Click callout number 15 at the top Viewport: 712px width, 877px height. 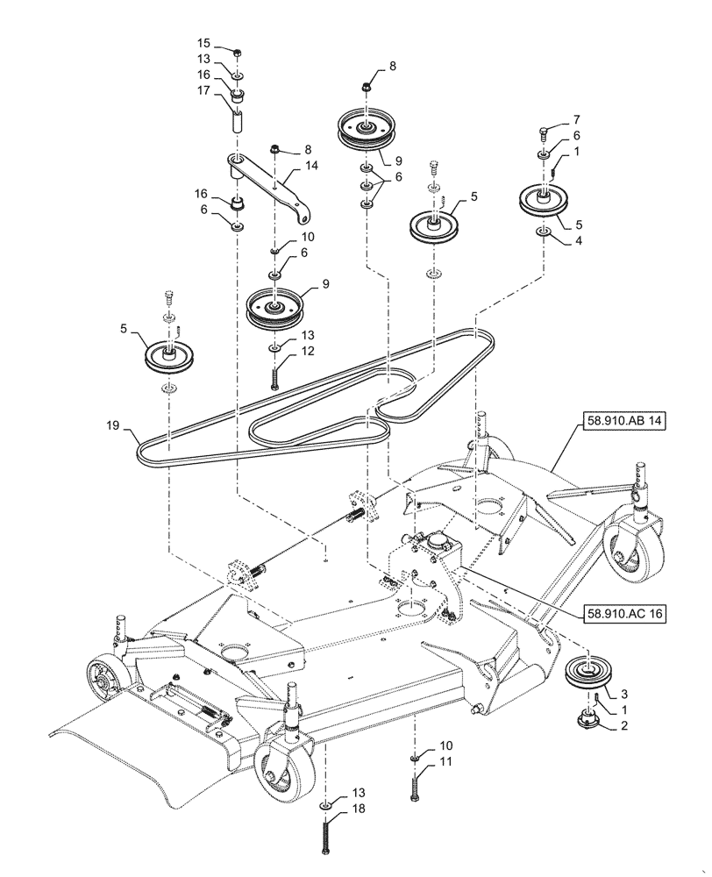203,44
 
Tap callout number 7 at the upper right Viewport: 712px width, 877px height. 575,118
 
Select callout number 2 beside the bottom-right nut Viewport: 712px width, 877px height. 623,726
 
